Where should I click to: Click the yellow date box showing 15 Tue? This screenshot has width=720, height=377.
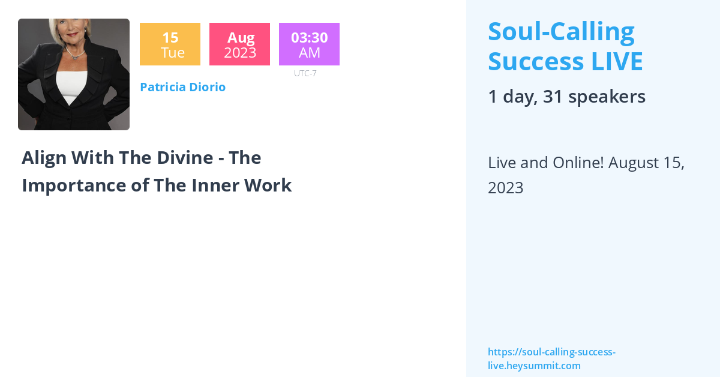pyautogui.click(x=170, y=44)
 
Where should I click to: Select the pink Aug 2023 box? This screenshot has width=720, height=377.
pyautogui.click(x=239, y=44)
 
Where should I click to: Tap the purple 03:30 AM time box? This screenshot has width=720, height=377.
pyautogui.click(x=309, y=44)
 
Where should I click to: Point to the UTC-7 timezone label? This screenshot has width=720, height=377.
pyautogui.click(x=305, y=73)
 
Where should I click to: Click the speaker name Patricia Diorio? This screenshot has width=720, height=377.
pyautogui.click(x=182, y=87)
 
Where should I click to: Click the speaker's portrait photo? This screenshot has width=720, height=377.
pyautogui.click(x=74, y=74)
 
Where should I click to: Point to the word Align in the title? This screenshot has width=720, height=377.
pyautogui.click(x=44, y=158)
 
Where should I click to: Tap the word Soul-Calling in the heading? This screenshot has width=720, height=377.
pyautogui.click(x=561, y=32)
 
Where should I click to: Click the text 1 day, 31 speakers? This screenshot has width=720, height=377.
pyautogui.click(x=566, y=97)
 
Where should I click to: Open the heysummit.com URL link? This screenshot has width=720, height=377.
pyautogui.click(x=551, y=359)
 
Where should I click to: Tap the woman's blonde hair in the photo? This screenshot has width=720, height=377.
pyautogui.click(x=67, y=28)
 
